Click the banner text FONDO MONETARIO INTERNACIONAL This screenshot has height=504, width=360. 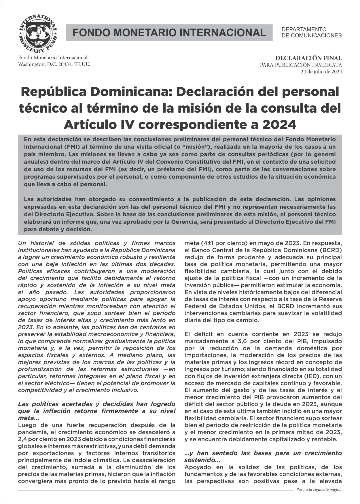pos(169,33)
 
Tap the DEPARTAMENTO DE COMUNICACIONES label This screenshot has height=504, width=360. pos(311,33)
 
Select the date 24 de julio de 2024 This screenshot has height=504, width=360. pos(321,72)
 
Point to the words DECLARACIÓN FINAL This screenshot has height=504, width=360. pos(309,58)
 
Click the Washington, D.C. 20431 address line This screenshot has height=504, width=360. pos(54,64)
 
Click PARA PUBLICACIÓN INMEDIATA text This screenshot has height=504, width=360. pos(301,65)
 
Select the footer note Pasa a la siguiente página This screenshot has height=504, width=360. pos(319,490)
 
